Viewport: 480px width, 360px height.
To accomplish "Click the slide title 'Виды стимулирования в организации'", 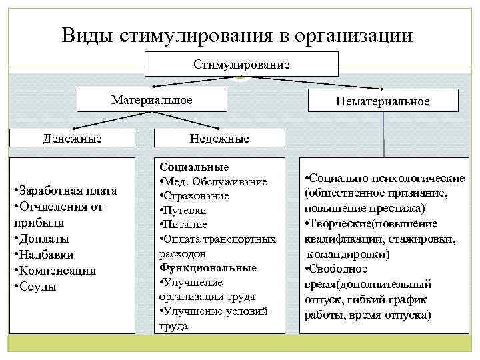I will click(237, 35).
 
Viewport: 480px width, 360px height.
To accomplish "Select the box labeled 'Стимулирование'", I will click(241, 65).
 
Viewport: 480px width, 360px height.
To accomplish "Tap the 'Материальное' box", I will click(151, 100).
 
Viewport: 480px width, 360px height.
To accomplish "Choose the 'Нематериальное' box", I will click(383, 101).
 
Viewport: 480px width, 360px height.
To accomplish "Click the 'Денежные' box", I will click(72, 139).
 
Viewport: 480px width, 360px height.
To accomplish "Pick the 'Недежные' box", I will click(219, 139).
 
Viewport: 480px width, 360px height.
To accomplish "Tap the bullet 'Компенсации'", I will click(56, 271).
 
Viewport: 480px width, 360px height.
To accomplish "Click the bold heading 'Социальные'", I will click(194, 167).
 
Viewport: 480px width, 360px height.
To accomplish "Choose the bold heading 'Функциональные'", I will click(208, 267).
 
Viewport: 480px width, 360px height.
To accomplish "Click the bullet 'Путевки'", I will click(187, 210).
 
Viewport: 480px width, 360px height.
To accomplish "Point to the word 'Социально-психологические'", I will click(387, 180).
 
